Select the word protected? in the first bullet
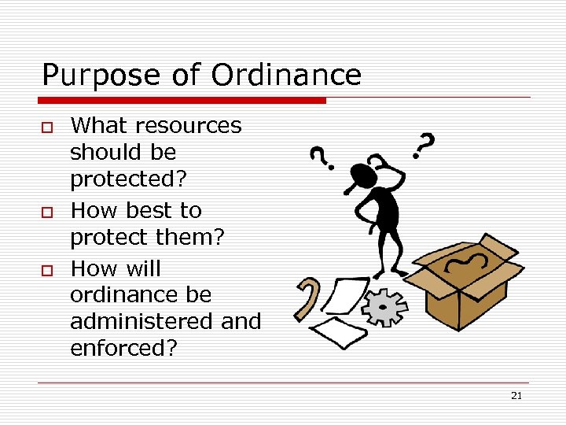(x=129, y=179)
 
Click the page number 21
(x=516, y=396)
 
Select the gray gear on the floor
(x=383, y=307)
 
